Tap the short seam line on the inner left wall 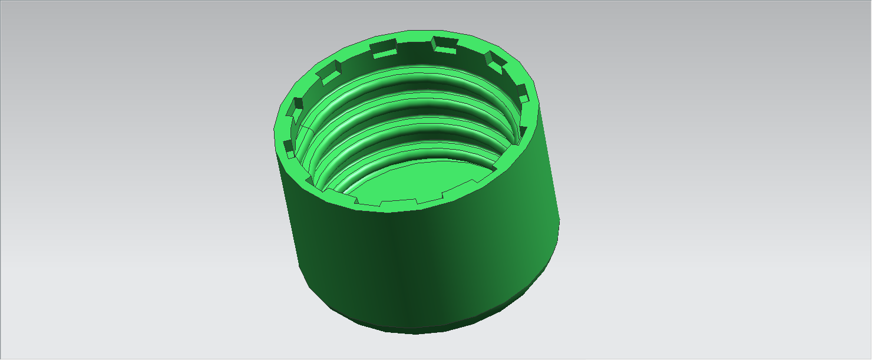coord(305,126)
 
